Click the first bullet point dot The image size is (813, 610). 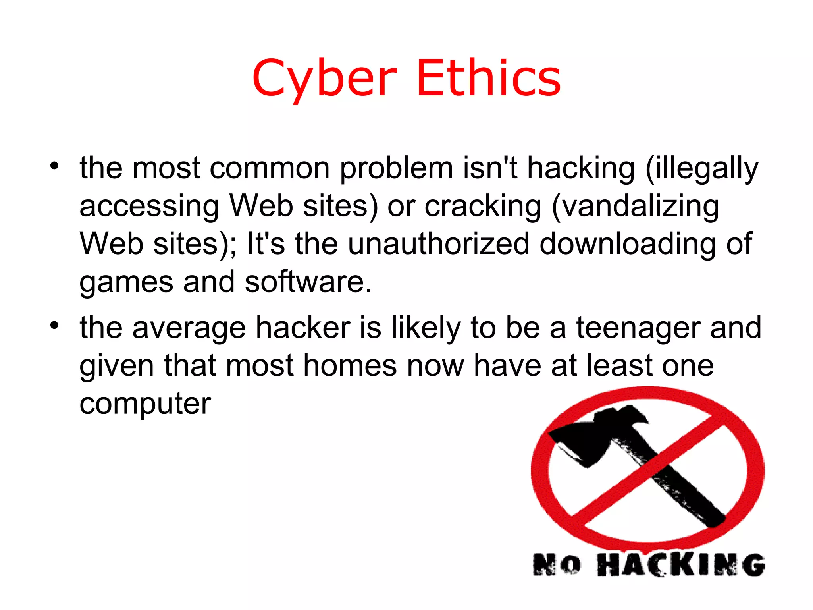54,166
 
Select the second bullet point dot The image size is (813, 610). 54,326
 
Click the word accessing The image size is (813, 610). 149,207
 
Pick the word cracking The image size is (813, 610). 483,207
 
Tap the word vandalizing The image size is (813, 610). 635,207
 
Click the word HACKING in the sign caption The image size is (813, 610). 680,565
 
